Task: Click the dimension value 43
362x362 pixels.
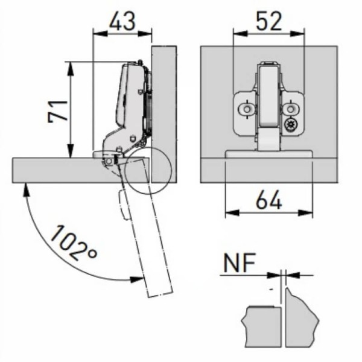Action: (122, 21)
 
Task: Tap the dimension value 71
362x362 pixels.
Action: (58, 111)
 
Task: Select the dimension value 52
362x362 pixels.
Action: (269, 21)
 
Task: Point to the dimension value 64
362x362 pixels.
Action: (269, 200)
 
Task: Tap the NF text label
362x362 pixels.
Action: (240, 262)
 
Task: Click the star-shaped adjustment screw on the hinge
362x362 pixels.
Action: (290, 125)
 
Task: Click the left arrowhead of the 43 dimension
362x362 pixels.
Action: (100, 34)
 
